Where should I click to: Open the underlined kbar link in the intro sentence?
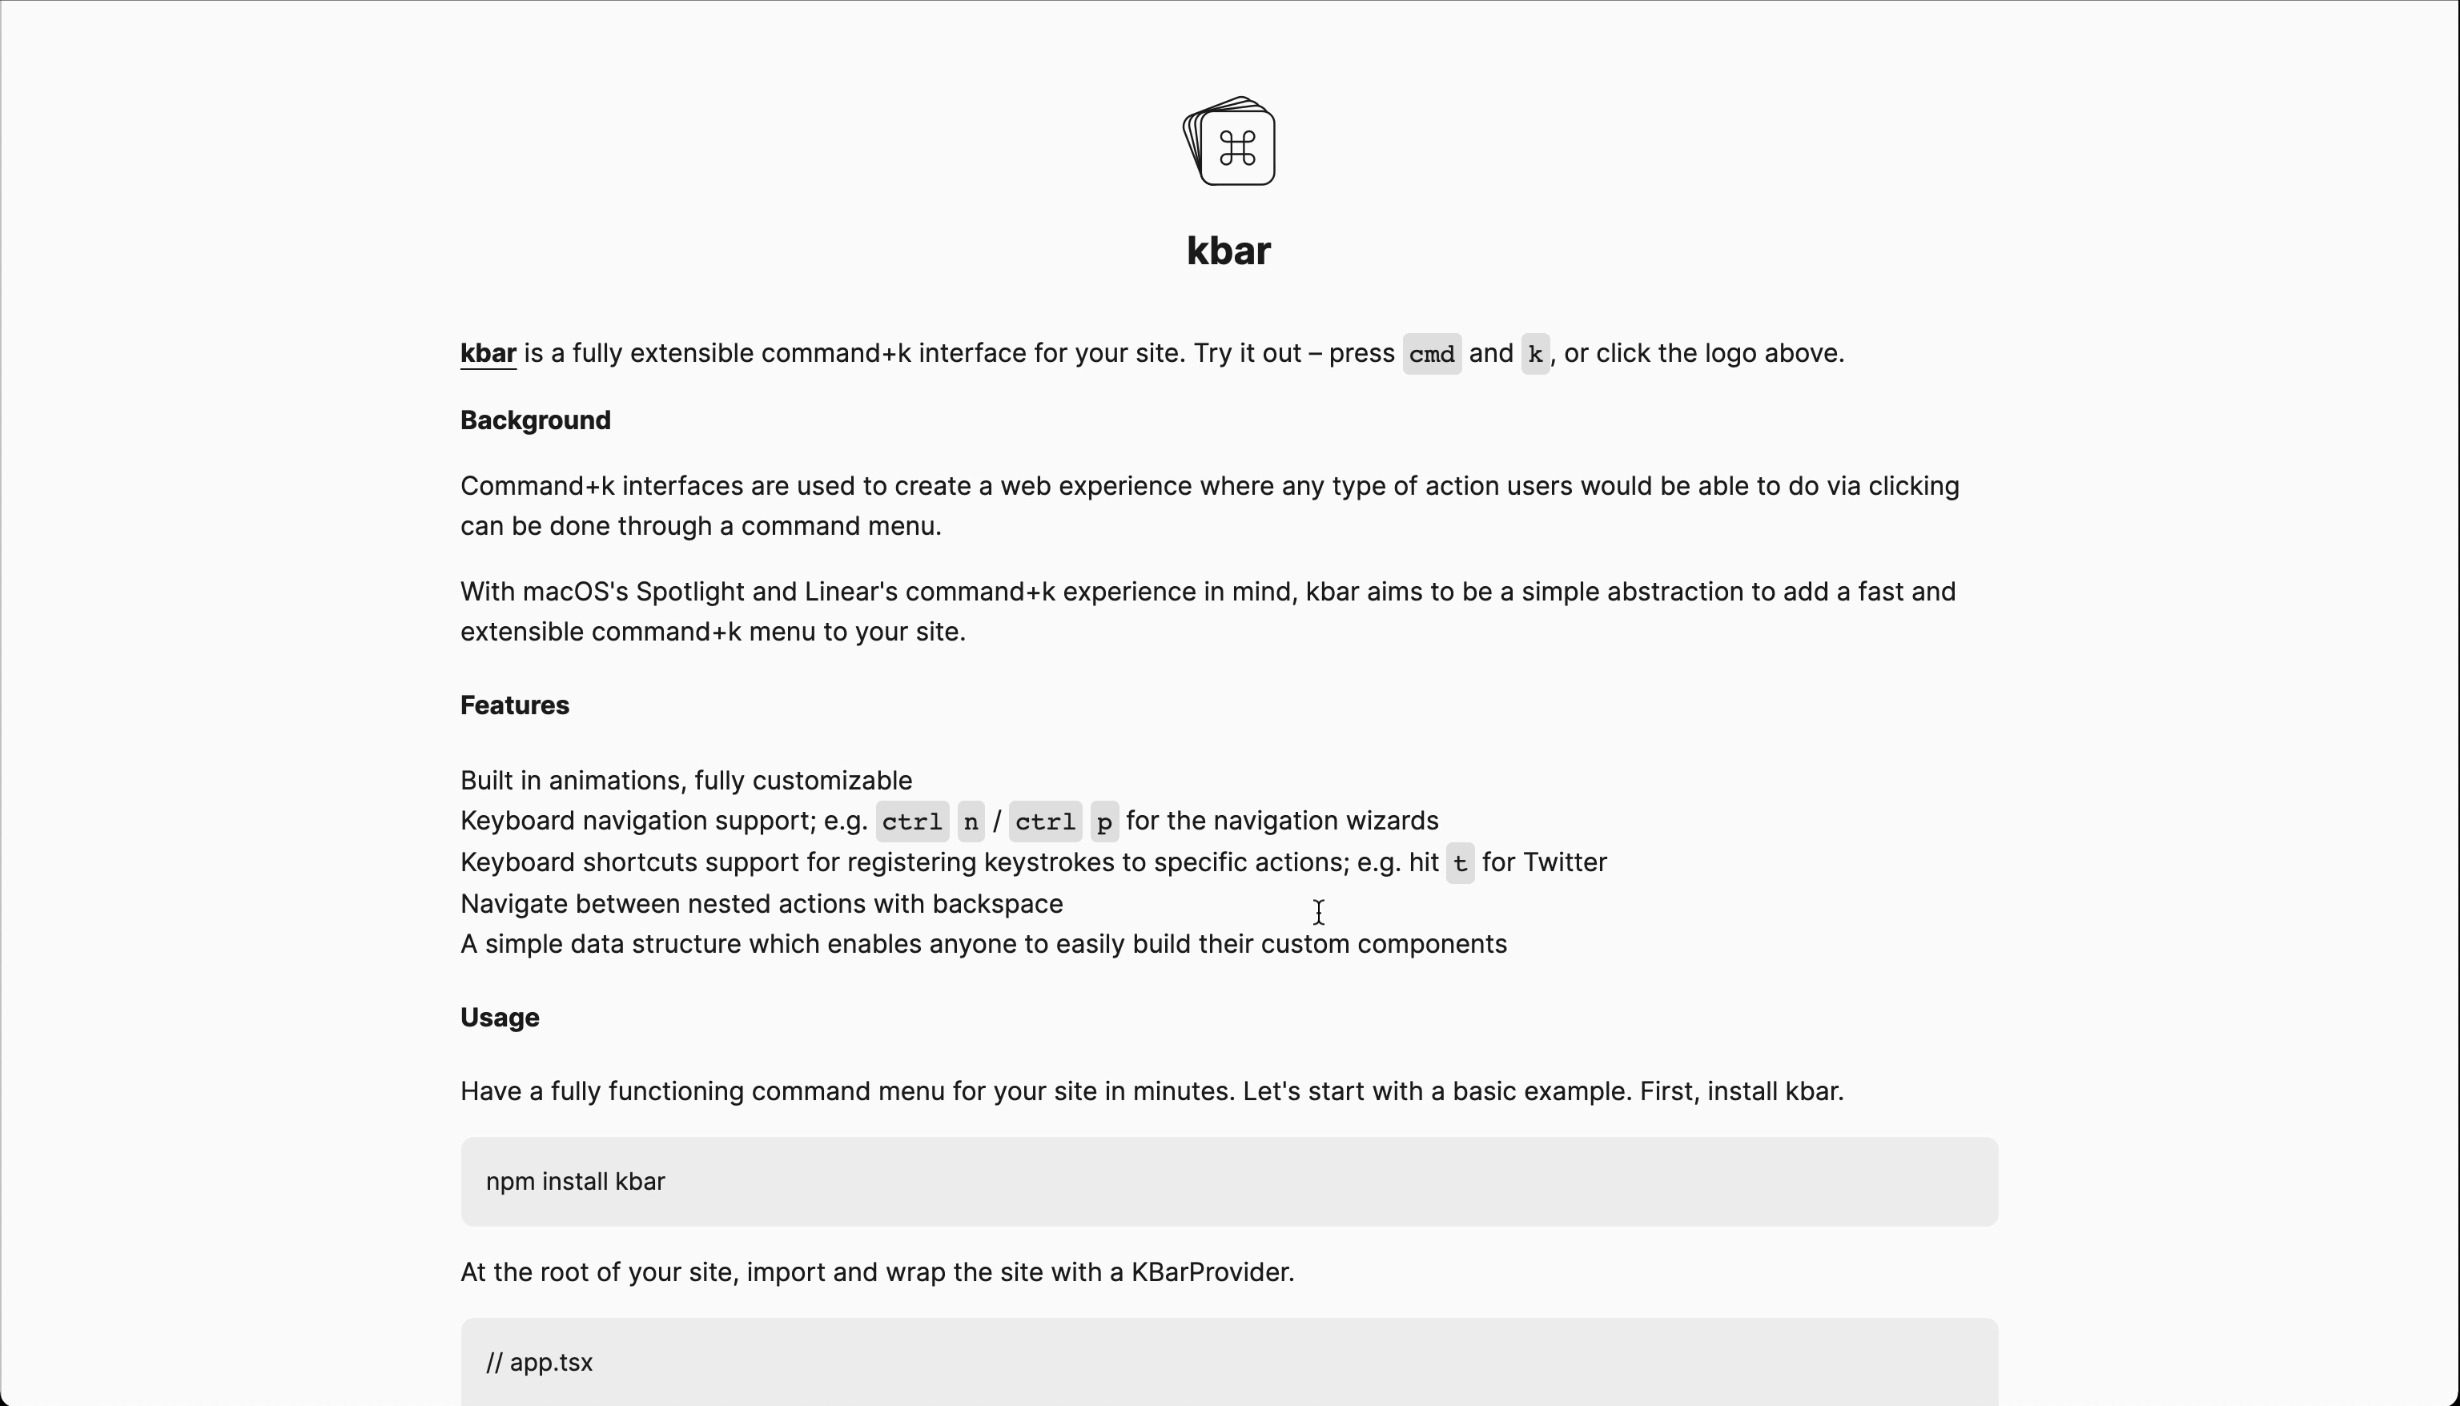[x=488, y=353]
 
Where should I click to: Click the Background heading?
[x=535, y=421]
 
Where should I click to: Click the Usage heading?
[x=499, y=1018]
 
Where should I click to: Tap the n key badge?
[x=971, y=822]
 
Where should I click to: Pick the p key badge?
[x=1103, y=822]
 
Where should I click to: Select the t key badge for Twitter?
[x=1459, y=863]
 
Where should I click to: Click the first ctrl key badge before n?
[x=911, y=822]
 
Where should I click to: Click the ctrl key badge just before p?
[x=1045, y=822]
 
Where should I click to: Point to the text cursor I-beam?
[x=1319, y=913]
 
